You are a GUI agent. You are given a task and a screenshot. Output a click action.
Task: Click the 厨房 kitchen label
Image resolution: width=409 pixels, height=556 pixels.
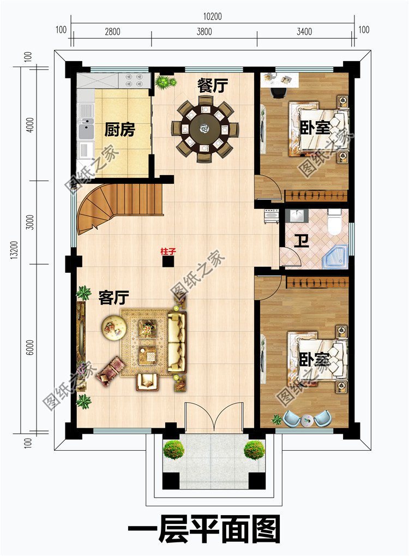point(119,130)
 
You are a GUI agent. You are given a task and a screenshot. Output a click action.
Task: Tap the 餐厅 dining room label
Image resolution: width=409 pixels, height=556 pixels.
point(212,86)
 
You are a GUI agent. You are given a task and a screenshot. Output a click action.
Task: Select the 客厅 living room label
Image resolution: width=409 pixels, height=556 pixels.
point(113,297)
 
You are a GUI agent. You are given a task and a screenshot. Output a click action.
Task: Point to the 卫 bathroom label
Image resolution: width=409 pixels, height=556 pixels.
point(301,240)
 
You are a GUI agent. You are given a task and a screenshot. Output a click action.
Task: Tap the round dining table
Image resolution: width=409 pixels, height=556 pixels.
point(205,129)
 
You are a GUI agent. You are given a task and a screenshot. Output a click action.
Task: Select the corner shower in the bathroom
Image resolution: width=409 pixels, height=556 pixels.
point(334,256)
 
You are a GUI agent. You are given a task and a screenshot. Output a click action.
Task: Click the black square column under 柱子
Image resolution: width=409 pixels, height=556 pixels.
point(168,262)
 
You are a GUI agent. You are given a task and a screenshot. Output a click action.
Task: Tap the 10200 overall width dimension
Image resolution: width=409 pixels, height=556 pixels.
point(212,16)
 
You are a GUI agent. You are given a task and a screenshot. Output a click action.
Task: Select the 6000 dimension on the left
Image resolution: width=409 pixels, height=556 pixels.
point(30,347)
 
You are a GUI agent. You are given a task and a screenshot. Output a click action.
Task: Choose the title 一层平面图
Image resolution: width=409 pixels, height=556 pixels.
point(204,529)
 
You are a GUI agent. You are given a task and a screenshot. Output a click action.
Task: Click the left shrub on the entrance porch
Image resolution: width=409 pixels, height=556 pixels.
point(173,450)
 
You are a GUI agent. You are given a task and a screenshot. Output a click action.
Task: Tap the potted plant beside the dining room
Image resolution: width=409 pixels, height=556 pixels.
point(164,82)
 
